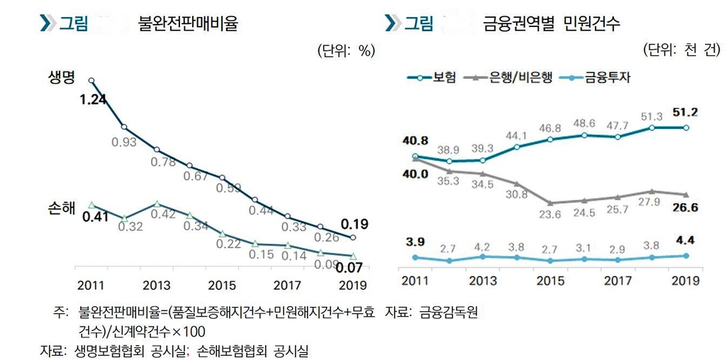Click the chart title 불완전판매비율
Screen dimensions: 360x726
[188, 23]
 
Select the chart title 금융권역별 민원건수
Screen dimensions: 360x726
[551, 23]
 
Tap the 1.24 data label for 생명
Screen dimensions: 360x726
[92, 99]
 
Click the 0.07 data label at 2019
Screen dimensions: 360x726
[348, 268]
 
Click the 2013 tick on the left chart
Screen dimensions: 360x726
[156, 286]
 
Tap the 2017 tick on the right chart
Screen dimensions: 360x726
[618, 280]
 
